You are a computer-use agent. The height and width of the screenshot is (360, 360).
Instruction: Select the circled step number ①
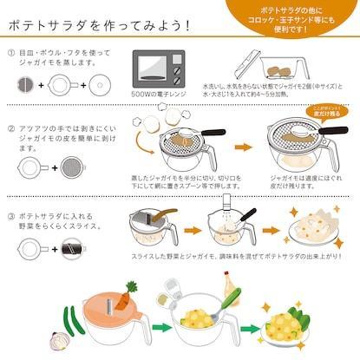[x=10, y=53]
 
